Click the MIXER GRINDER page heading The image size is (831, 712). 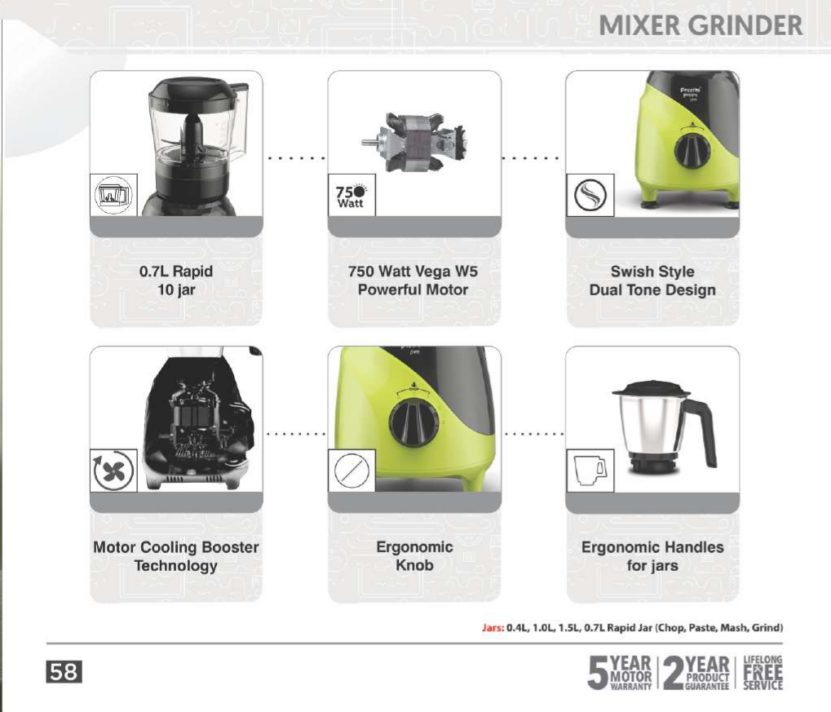click(701, 26)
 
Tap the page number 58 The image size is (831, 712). click(64, 672)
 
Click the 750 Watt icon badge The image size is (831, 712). click(351, 195)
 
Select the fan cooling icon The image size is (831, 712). click(113, 471)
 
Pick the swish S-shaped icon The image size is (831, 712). click(590, 195)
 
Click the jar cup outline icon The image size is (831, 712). click(590, 471)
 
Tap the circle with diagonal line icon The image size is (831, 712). click(351, 471)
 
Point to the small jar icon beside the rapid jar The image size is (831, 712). click(113, 195)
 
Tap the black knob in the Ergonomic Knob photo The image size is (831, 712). click(414, 423)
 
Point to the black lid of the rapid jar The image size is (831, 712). click(193, 95)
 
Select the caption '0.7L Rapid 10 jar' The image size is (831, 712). click(176, 281)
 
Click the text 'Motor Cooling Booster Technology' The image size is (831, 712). click(176, 556)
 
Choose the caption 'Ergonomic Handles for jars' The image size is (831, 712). click(652, 556)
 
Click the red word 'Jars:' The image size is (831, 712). click(493, 628)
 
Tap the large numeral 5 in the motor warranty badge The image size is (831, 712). click(598, 674)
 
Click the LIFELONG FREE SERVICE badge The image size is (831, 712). click(763, 673)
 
